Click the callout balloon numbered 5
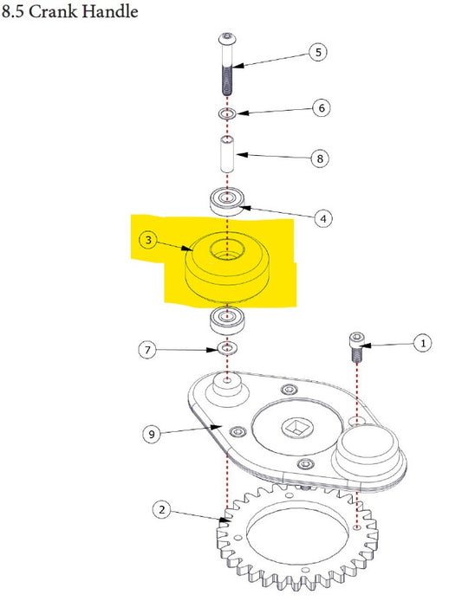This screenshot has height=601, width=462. (x=318, y=52)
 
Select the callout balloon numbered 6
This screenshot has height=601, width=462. (x=322, y=107)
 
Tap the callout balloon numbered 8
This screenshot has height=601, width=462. (x=320, y=158)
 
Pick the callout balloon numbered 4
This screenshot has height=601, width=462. (x=323, y=218)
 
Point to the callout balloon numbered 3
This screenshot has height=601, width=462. (x=148, y=241)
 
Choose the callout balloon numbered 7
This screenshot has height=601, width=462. (x=147, y=350)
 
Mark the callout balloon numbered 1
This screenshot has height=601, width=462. (x=423, y=343)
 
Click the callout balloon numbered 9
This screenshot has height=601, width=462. (x=152, y=434)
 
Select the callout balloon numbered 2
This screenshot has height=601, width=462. (x=161, y=509)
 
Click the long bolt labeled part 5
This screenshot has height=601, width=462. (x=227, y=64)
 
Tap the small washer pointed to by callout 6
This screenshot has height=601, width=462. (x=227, y=113)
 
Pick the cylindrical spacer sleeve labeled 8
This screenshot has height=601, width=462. (x=227, y=153)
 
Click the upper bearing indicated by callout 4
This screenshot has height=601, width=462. (x=227, y=202)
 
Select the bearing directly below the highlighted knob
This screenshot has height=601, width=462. (x=227, y=321)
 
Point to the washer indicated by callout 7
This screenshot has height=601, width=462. (x=227, y=348)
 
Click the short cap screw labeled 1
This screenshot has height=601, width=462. (x=356, y=347)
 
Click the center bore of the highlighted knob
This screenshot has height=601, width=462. (x=227, y=249)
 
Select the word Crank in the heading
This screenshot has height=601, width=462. (x=53, y=11)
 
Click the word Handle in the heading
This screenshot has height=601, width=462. (x=110, y=10)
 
